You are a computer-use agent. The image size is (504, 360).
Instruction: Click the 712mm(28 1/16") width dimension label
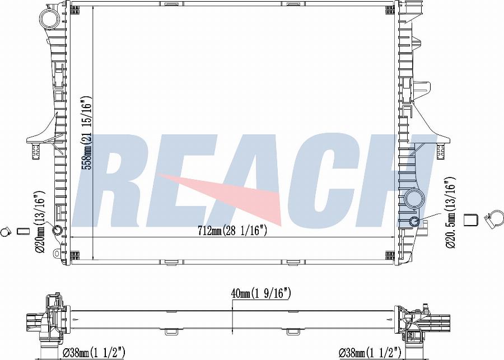[x=232, y=230]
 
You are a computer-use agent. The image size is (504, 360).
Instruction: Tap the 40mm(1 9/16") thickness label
[x=260, y=293]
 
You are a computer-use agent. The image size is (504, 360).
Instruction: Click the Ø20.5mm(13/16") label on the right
[x=451, y=213]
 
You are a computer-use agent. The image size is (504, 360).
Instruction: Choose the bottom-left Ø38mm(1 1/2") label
[x=94, y=353]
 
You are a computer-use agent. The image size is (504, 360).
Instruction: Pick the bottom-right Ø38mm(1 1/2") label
[x=370, y=353]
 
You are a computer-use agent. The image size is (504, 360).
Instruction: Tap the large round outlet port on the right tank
[x=414, y=200]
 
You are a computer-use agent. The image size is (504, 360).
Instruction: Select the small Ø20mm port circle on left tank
[x=58, y=231]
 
